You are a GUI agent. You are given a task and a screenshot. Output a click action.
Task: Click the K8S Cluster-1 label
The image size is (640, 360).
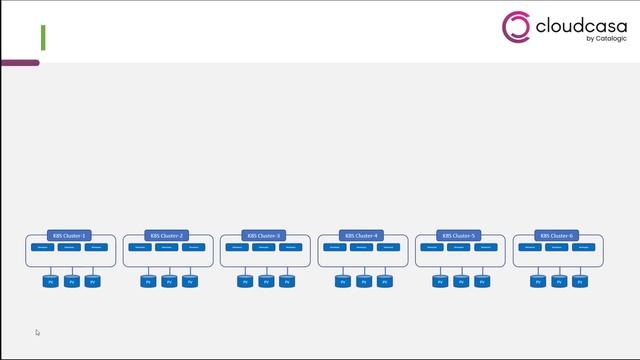click(70, 236)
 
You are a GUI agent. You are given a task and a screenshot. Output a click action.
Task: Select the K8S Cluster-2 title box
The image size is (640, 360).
click(168, 236)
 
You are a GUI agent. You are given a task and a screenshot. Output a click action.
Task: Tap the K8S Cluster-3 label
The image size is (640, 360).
click(265, 236)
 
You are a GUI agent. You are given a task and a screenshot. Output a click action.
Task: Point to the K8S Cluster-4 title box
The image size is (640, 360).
click(363, 236)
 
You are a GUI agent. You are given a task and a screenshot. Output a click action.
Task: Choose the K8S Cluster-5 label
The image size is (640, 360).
click(460, 236)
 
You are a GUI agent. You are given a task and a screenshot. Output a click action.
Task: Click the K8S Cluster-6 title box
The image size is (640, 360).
click(558, 236)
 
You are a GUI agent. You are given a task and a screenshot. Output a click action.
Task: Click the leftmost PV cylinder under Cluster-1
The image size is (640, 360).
click(50, 282)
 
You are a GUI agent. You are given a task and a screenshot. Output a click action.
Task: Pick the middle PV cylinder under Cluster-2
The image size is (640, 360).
click(168, 282)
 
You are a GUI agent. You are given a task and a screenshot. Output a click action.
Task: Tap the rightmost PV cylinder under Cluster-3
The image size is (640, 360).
click(287, 282)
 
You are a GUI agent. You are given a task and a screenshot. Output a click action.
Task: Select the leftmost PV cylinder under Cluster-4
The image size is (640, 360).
click(342, 282)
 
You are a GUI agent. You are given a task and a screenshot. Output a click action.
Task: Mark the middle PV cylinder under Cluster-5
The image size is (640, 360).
click(460, 282)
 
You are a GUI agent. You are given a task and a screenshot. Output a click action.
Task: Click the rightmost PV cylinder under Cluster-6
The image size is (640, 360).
click(580, 282)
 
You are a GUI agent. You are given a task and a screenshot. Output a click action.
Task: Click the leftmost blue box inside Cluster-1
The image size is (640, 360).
click(43, 247)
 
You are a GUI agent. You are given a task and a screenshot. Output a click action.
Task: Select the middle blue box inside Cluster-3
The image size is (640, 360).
click(265, 247)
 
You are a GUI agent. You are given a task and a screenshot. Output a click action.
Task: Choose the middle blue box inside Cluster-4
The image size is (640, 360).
click(363, 247)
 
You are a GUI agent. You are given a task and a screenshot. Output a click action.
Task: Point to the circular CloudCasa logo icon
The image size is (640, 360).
click(515, 27)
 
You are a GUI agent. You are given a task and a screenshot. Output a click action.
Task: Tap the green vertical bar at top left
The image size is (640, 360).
click(43, 38)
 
